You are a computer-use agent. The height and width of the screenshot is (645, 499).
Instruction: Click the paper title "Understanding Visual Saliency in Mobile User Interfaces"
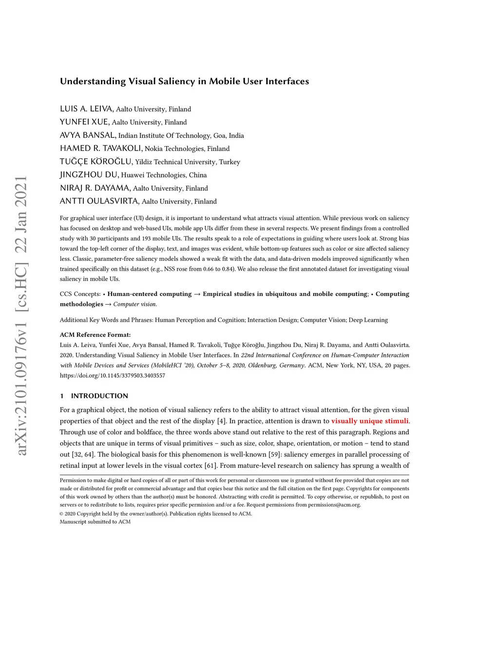(x=184, y=81)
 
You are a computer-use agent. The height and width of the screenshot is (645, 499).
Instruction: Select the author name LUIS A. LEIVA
(x=87, y=109)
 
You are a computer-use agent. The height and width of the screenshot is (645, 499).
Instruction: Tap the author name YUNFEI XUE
(x=84, y=122)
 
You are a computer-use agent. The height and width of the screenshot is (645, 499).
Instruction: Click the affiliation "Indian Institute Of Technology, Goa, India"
(x=181, y=135)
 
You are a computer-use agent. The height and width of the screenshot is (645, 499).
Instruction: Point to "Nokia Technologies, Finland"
(x=187, y=148)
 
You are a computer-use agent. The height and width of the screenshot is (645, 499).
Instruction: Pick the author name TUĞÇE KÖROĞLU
(x=96, y=162)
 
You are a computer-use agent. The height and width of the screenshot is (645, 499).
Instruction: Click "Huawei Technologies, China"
(x=164, y=175)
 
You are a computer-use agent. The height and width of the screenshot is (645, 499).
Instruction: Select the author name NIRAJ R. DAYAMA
(x=95, y=188)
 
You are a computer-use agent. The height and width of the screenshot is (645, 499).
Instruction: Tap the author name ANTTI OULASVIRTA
(x=99, y=201)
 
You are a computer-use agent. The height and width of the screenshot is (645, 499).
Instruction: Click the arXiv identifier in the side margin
(x=21, y=316)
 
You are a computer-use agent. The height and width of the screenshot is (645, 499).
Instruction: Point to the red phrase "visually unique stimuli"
(x=370, y=421)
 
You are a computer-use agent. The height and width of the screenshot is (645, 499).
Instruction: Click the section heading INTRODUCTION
(x=99, y=396)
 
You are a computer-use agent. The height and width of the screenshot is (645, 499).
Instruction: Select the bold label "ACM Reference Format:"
(x=95, y=335)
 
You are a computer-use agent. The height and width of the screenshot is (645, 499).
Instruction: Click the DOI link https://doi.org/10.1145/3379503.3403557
(x=113, y=375)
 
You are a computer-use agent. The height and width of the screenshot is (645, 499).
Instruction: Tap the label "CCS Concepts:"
(x=80, y=294)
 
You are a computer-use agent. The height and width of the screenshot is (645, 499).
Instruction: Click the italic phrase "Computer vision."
(x=135, y=304)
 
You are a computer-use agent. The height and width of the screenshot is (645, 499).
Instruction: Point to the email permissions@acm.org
(x=334, y=505)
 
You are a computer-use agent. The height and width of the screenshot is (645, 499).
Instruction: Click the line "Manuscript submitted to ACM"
(x=95, y=522)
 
